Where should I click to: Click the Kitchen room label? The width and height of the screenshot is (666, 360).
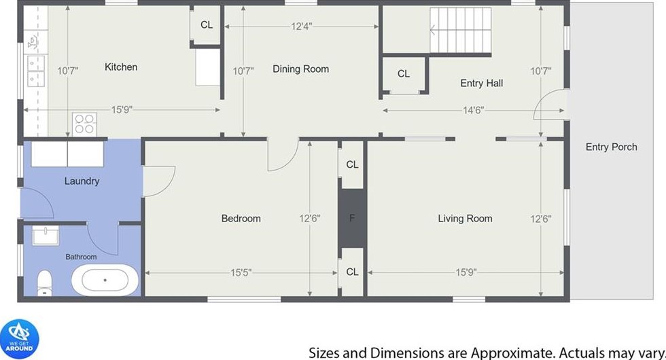[x=121, y=67]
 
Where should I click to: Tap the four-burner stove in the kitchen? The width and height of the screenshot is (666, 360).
[x=84, y=124]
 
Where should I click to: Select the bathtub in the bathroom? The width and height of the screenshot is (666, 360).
[x=105, y=280]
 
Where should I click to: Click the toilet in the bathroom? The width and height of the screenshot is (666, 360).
[x=45, y=283]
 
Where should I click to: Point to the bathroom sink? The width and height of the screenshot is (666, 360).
[x=46, y=236]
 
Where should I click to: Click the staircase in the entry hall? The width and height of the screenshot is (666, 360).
[x=461, y=30]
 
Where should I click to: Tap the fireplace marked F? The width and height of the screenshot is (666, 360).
[x=352, y=218]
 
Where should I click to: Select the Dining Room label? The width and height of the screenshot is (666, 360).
[x=300, y=69]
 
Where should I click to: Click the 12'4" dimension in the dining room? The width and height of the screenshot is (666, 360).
[x=302, y=26]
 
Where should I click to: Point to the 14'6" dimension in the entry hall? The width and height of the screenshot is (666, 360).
[x=474, y=110]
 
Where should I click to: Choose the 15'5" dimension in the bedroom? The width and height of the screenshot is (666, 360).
[x=241, y=272]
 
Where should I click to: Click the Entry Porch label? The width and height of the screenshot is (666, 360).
[x=611, y=147]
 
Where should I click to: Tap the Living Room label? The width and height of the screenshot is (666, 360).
[x=465, y=218]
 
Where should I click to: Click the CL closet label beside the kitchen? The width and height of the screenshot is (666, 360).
[x=207, y=25]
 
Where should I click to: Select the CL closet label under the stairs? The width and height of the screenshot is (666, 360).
[x=404, y=74]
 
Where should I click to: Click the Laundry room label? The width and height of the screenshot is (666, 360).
[x=82, y=181]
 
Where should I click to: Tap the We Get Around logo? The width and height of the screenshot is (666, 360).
[x=20, y=339]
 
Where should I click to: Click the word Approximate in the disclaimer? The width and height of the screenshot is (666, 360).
[x=512, y=353]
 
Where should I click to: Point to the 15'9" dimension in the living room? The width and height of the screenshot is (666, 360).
[x=466, y=272]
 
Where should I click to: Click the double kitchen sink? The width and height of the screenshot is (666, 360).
[x=35, y=71]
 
